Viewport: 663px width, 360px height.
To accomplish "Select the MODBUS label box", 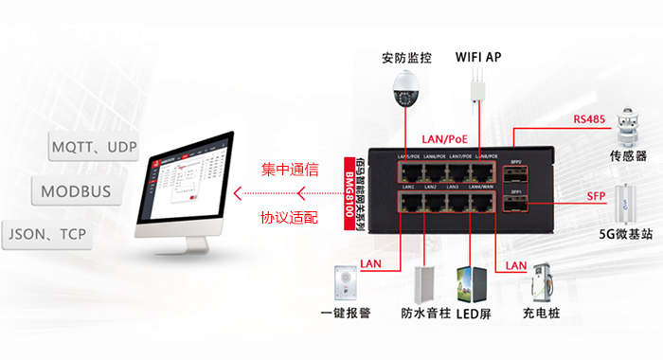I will tap(76, 191).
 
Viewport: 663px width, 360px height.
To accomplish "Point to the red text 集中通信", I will tap(289, 171).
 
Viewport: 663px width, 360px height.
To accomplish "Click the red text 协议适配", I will tap(289, 217).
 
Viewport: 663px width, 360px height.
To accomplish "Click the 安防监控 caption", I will tap(406, 57).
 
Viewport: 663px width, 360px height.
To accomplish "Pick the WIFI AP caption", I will tap(478, 57).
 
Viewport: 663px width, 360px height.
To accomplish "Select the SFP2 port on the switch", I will tap(516, 171).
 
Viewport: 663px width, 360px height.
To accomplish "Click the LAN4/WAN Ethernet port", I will tap(482, 201).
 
